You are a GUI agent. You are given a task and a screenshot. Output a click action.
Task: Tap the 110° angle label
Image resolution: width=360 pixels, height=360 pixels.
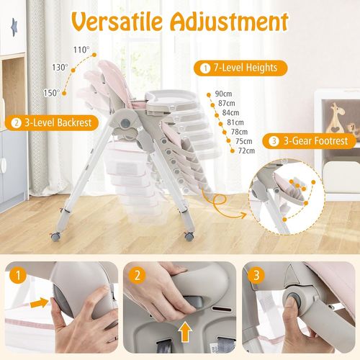click(x=82, y=50)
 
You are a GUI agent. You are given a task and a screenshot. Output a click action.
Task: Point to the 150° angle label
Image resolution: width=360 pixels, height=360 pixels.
click(x=51, y=92)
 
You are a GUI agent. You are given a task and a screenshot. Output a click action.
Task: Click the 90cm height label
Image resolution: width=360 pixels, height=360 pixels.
click(x=223, y=94)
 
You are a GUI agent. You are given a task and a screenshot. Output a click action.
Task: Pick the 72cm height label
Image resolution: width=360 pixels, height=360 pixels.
click(x=246, y=150)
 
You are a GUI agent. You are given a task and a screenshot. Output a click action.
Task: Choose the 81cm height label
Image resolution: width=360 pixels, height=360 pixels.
click(x=235, y=122)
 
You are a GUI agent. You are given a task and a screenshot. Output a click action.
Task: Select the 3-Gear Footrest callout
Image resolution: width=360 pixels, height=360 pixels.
click(x=310, y=141)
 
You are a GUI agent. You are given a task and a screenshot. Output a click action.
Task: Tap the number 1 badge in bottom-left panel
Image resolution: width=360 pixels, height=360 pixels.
click(x=16, y=275)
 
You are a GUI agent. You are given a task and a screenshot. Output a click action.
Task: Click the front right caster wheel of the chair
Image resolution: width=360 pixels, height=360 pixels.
click(x=189, y=235)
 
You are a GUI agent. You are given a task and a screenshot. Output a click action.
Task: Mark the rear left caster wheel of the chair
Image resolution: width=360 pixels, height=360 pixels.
click(x=53, y=235)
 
